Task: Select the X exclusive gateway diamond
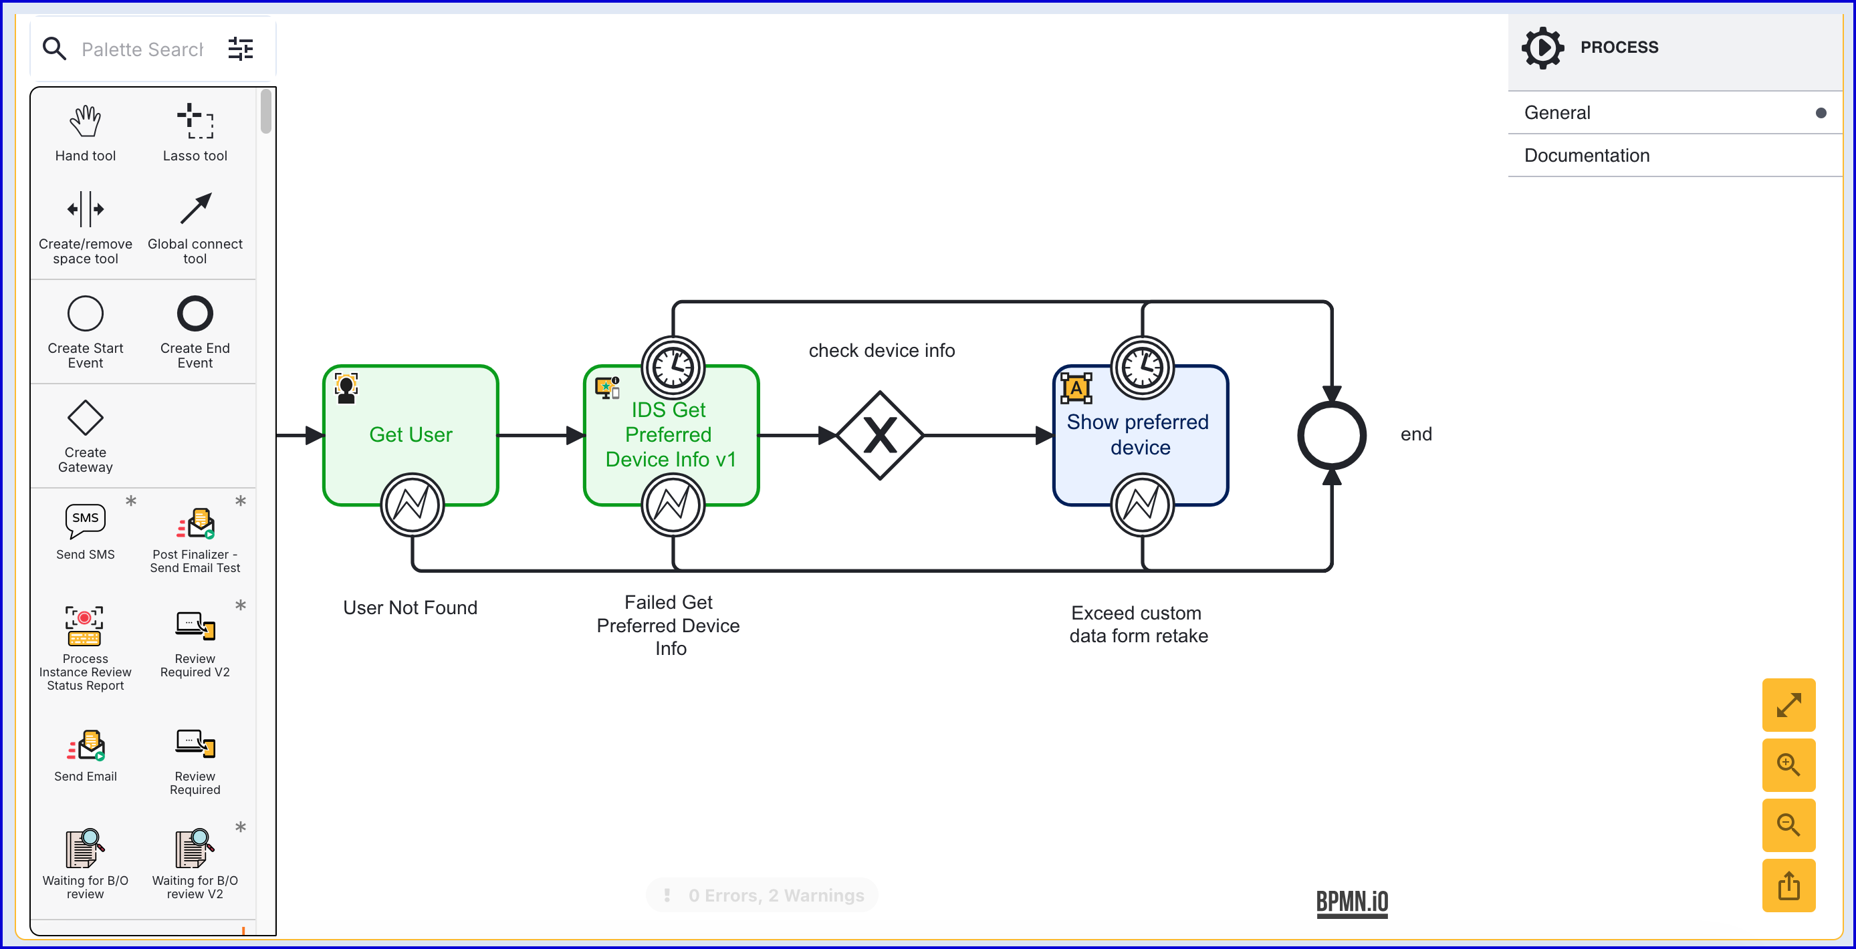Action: (x=880, y=435)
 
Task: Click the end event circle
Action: (x=1330, y=435)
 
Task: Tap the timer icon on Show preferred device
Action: (x=1141, y=367)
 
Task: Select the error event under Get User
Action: (x=412, y=504)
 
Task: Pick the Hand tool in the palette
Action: (x=85, y=122)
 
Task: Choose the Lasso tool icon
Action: (x=195, y=122)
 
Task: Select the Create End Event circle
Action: (x=195, y=314)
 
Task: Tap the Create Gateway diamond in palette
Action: (x=85, y=418)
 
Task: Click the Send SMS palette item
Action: (x=85, y=521)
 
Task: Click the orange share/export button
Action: (x=1788, y=886)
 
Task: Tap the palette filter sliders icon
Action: (x=241, y=49)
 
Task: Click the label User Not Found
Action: (x=410, y=607)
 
